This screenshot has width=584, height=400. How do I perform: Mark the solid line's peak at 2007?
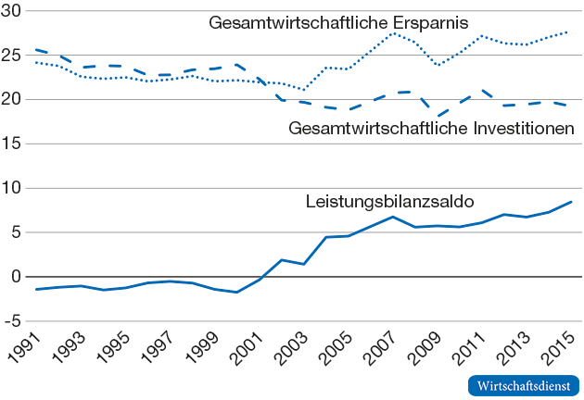point(393,217)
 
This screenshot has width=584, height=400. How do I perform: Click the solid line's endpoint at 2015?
point(571,202)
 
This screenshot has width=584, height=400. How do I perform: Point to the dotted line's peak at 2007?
point(393,33)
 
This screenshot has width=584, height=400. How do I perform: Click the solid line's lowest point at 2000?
point(237,293)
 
